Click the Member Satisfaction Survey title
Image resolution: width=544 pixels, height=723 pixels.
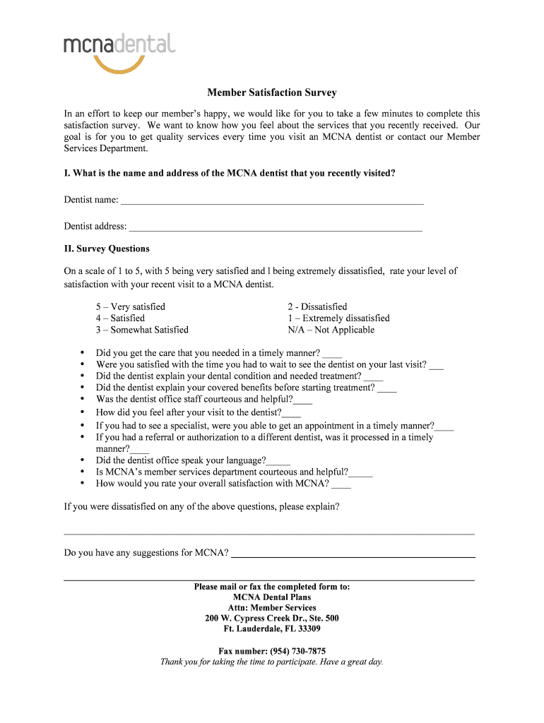pyautogui.click(x=272, y=92)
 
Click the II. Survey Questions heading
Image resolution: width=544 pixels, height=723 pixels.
pyautogui.click(x=107, y=249)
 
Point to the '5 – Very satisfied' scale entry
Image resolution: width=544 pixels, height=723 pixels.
pyautogui.click(x=131, y=306)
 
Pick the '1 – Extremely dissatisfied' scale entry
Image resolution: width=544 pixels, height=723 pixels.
pyautogui.click(x=338, y=318)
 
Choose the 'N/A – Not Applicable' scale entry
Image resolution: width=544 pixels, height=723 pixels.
pyautogui.click(x=331, y=330)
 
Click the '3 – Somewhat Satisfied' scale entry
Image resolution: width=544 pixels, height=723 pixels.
pyautogui.click(x=142, y=330)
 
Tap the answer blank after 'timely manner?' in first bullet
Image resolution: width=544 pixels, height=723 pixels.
pyautogui.click(x=332, y=355)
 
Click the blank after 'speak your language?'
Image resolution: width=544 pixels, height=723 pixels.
pyautogui.click(x=279, y=462)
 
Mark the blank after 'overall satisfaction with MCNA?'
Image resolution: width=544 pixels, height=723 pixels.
pyautogui.click(x=341, y=486)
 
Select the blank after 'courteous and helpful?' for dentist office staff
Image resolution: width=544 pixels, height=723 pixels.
pyautogui.click(x=303, y=401)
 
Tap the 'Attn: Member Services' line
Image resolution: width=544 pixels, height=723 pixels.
pyautogui.click(x=272, y=607)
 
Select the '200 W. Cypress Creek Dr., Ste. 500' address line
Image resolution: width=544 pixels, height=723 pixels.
pyautogui.click(x=272, y=618)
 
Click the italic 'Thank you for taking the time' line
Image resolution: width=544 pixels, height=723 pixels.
pyautogui.click(x=272, y=662)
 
